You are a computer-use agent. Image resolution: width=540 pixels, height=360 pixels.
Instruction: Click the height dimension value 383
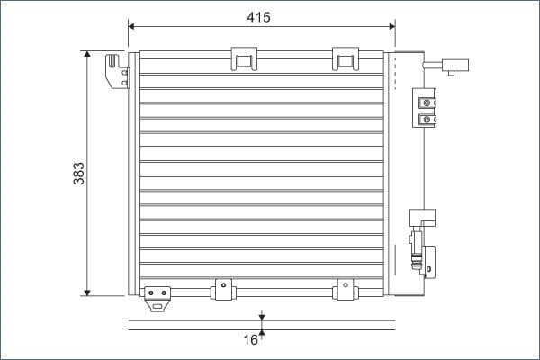[x=79, y=173]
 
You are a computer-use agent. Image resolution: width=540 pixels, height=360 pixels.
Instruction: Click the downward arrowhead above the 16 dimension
[x=262, y=315]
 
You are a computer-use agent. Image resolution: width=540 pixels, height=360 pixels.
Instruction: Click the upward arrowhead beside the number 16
[x=262, y=334]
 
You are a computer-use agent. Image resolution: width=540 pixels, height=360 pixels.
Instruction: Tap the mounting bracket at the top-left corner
[x=117, y=72]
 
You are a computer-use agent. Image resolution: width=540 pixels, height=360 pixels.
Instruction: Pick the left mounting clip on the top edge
[x=244, y=58]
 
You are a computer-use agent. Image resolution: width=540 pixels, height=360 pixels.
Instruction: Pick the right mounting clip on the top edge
[x=345, y=58]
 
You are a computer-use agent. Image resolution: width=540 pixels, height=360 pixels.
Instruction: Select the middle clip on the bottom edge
[x=221, y=289]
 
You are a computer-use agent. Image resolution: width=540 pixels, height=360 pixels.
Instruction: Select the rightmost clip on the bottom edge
[x=344, y=289]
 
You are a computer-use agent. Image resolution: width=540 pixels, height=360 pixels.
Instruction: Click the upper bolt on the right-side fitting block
[x=427, y=101]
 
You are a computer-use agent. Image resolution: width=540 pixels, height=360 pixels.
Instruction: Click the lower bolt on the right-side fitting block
[x=427, y=118]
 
